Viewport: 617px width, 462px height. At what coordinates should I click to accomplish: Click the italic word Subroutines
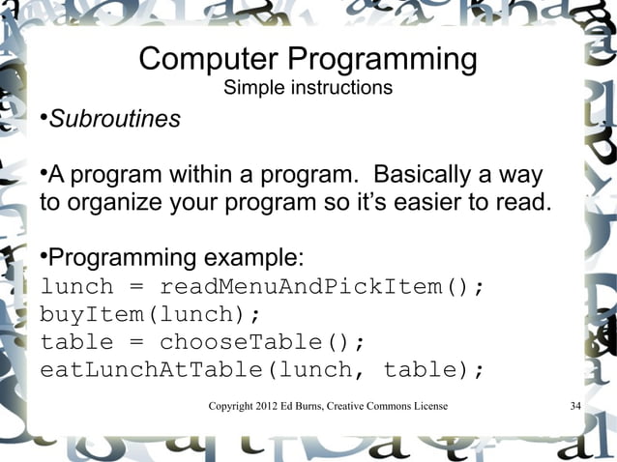tap(114, 120)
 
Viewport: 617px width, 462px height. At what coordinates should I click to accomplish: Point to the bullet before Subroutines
tap(44, 120)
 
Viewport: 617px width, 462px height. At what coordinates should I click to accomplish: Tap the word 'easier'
tap(446, 205)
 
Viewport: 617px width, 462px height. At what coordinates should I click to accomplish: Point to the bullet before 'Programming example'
tap(44, 258)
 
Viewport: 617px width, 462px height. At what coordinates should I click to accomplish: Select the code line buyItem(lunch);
tap(151, 315)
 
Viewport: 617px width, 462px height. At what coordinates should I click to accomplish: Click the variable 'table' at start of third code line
tap(76, 343)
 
